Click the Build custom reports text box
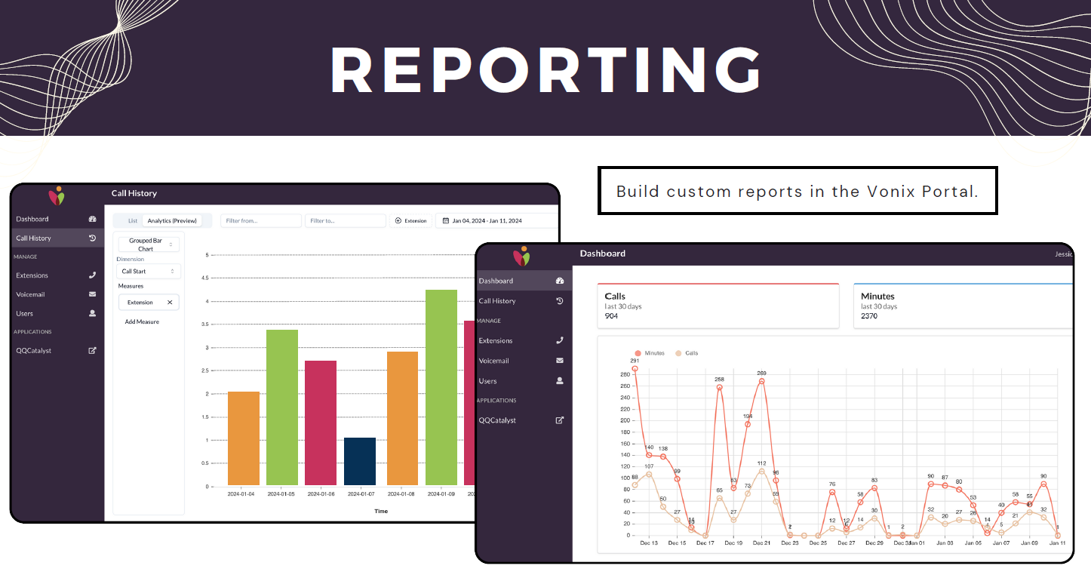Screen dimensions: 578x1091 (797, 191)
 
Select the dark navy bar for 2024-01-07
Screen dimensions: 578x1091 (360, 461)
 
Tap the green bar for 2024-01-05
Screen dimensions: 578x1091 (282, 407)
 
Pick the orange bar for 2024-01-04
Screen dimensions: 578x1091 (244, 438)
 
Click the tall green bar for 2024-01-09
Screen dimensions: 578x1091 (441, 387)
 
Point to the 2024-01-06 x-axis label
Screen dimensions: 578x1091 (321, 494)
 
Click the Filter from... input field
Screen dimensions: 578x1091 (260, 221)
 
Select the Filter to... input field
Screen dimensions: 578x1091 (345, 221)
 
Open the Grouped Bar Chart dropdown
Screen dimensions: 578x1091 (149, 244)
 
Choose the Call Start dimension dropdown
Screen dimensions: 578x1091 (149, 271)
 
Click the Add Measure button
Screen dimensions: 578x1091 (142, 321)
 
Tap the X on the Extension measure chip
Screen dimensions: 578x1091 (170, 303)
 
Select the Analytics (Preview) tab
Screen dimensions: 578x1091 (172, 221)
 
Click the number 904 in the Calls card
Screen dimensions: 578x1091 (611, 316)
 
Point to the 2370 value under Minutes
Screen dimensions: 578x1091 (869, 316)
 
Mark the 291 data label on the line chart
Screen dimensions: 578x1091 (635, 361)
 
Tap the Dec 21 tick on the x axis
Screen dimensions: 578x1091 (761, 543)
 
